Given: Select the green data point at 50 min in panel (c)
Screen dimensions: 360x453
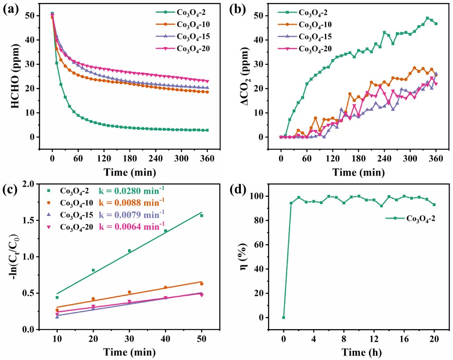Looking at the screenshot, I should point(202,215).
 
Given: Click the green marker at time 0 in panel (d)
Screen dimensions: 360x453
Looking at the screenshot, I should point(284,317).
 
